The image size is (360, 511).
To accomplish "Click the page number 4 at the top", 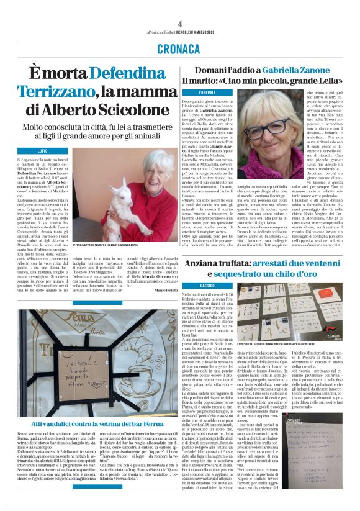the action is [x=179, y=23].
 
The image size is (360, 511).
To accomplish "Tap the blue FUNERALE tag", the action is [x=207, y=92].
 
